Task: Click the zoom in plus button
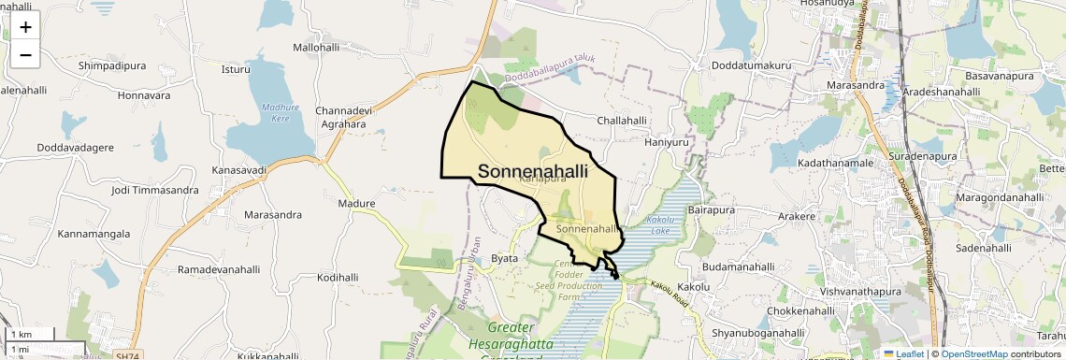[x=25, y=27]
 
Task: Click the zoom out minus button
[x=25, y=55]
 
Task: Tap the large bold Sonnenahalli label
[x=533, y=171]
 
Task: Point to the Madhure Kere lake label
[x=279, y=113]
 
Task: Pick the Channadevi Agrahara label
[x=345, y=117]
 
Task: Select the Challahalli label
[x=622, y=121]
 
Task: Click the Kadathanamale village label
[x=835, y=163]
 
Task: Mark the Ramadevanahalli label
[x=219, y=269]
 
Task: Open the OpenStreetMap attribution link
[x=975, y=353]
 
